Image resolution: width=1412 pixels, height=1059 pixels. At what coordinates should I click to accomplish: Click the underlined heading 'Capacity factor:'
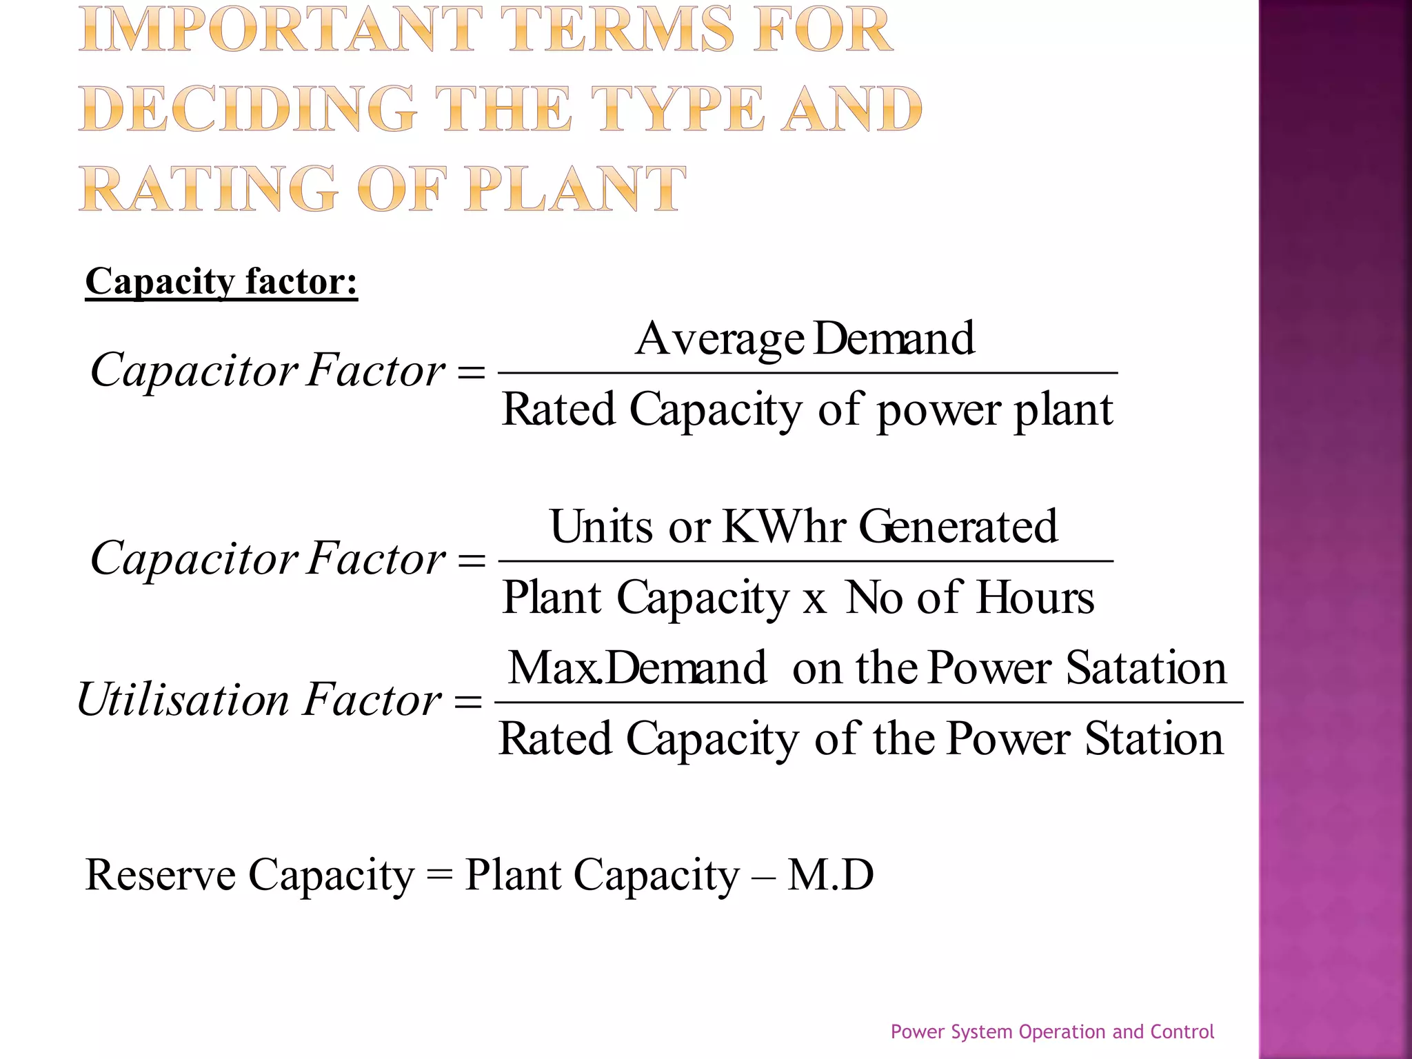tap(221, 282)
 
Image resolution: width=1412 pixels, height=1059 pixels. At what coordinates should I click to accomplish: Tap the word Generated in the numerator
tap(958, 527)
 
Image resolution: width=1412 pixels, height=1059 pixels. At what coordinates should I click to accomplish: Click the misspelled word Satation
tap(1146, 668)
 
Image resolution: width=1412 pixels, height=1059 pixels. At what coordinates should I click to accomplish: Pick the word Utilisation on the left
tap(183, 700)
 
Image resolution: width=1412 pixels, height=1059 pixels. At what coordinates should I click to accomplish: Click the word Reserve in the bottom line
tap(160, 875)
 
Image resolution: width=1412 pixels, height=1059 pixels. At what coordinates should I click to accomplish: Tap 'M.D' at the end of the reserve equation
tap(831, 875)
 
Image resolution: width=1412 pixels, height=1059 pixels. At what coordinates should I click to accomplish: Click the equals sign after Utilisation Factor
tap(468, 703)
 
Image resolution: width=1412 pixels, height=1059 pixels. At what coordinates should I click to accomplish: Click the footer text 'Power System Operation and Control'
tap(1052, 1031)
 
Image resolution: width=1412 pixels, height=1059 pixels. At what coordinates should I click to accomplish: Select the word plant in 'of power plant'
tap(1063, 410)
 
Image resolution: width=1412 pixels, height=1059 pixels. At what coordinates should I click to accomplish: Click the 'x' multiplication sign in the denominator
tap(814, 601)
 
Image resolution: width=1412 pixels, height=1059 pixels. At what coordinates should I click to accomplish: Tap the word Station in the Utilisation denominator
tap(1154, 738)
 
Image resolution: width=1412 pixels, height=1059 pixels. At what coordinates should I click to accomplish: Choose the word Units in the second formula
tap(601, 527)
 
